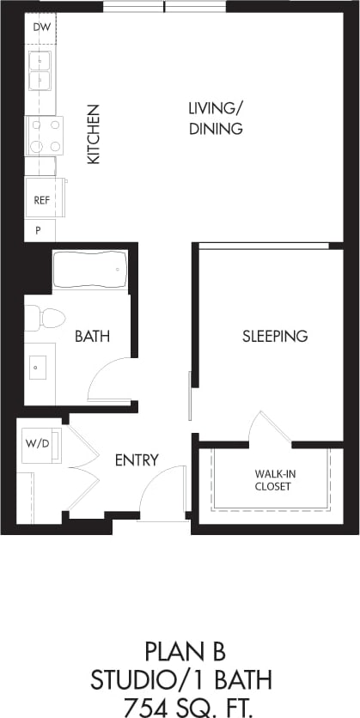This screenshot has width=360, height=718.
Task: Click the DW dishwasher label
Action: point(40,27)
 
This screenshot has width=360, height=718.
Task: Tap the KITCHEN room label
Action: point(93,134)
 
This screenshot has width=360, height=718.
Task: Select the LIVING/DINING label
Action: point(217,119)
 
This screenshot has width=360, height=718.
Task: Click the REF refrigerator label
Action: point(40,200)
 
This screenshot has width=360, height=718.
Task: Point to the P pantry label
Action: point(39,230)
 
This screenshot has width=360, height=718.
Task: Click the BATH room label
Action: point(92,337)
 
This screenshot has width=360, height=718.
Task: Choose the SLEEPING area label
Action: point(274,336)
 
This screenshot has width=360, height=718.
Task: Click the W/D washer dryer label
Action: point(38,444)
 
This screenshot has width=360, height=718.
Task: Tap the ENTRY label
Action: point(137,460)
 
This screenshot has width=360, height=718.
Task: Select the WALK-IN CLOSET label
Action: point(272,479)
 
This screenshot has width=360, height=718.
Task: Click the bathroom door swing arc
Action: point(110,379)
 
